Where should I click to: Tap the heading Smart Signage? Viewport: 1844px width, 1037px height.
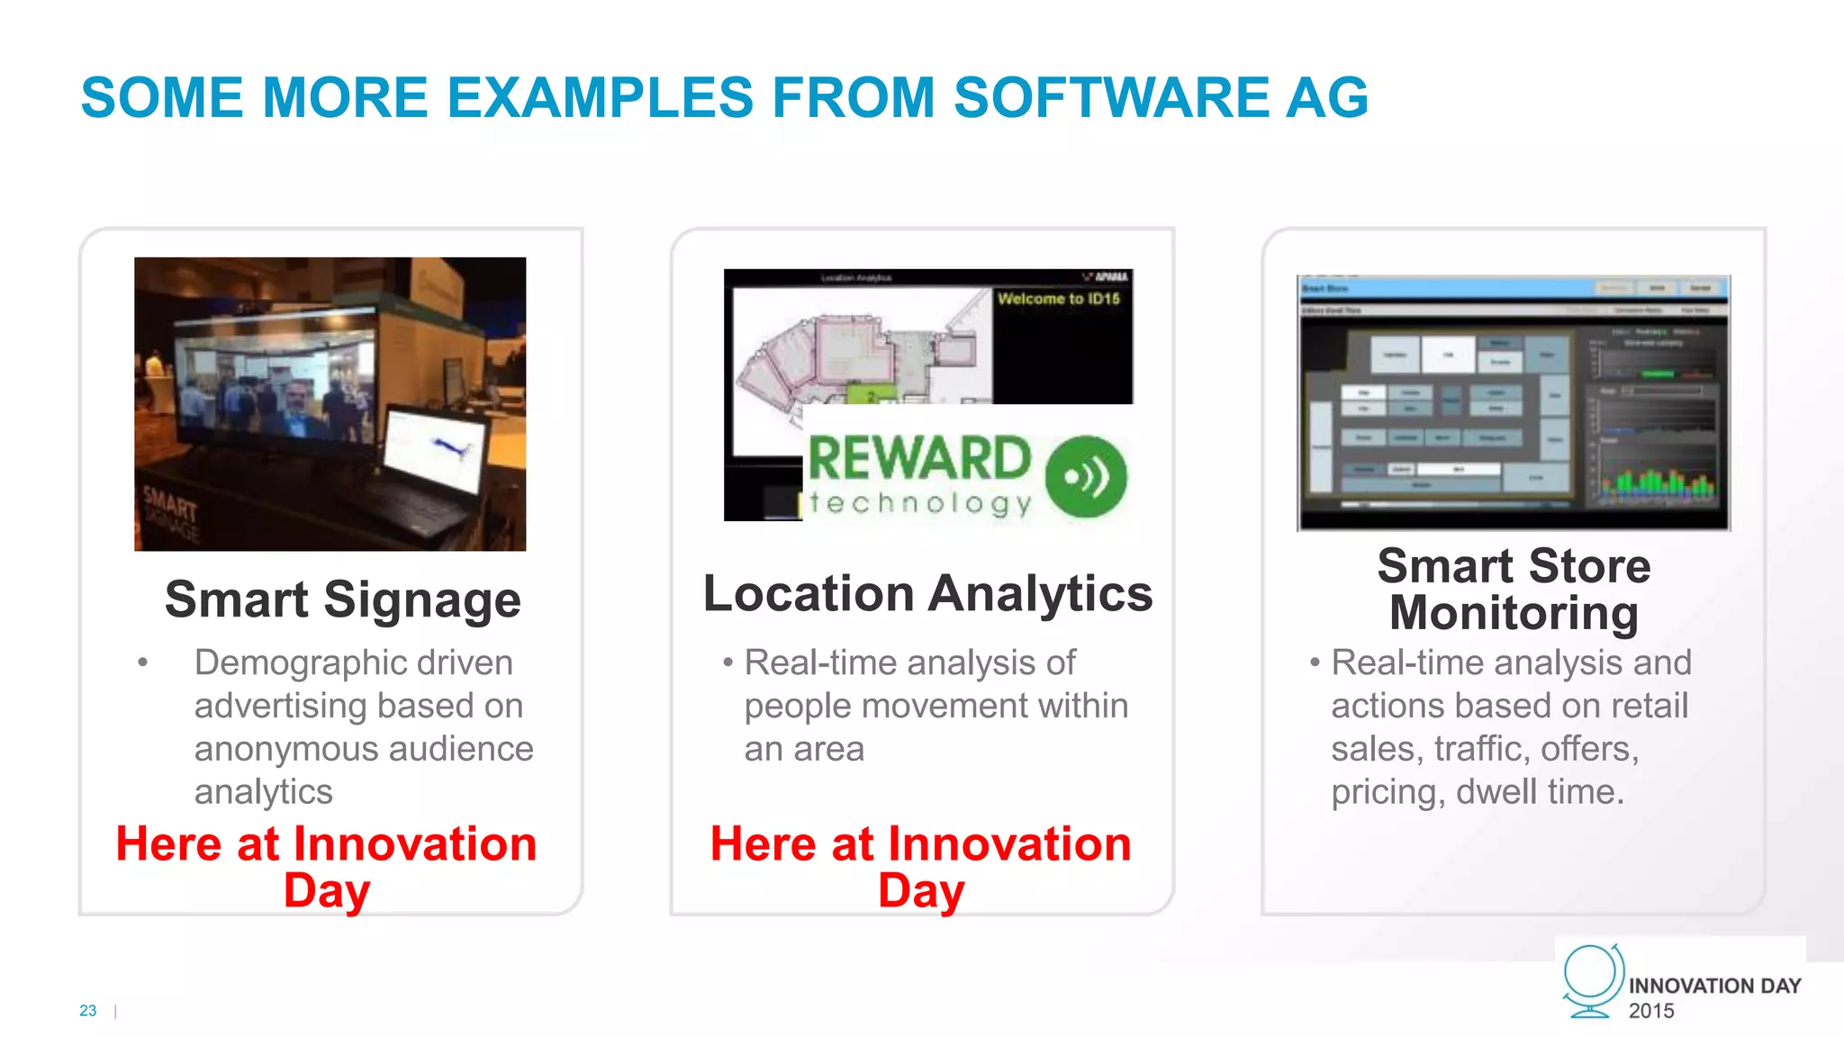point(342,600)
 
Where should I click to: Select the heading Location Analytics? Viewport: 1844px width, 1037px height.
point(927,594)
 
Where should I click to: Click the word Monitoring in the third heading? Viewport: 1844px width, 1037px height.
point(1514,614)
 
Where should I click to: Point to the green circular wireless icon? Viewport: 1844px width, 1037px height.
point(1086,476)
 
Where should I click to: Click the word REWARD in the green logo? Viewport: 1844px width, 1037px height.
point(918,458)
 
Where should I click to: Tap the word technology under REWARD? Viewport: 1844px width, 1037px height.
point(920,503)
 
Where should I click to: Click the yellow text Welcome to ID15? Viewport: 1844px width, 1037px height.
point(1058,299)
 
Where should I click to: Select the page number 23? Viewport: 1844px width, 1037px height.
point(88,1010)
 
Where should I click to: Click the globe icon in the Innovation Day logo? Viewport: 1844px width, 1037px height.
point(1591,980)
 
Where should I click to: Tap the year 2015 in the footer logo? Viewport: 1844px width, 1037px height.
point(1651,1011)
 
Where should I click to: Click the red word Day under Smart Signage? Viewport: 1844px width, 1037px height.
point(326,890)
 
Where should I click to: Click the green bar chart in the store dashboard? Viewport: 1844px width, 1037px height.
point(1657,482)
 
